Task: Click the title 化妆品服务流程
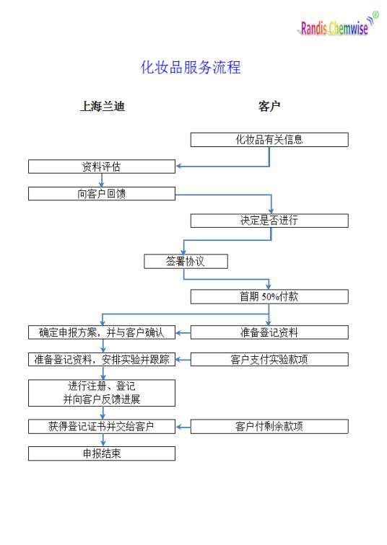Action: [191, 67]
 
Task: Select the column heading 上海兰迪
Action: [103, 106]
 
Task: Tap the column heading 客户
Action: [269, 106]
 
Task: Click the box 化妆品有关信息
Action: [269, 140]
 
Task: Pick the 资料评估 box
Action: [102, 167]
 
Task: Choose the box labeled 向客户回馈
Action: [102, 194]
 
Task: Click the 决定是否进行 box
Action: [269, 221]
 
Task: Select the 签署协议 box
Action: [186, 262]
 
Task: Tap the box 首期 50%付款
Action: [269, 297]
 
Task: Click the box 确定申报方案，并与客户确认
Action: [102, 332]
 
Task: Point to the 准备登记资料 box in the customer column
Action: [269, 332]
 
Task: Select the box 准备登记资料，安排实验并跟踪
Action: [102, 360]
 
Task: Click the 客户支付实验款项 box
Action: [269, 360]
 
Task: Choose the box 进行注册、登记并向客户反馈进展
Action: [102, 393]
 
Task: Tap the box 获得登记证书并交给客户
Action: [102, 427]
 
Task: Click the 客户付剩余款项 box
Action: [269, 427]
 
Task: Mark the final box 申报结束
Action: [102, 453]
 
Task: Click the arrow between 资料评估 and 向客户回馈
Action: [102, 180]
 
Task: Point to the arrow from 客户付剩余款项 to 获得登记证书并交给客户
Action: [183, 427]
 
